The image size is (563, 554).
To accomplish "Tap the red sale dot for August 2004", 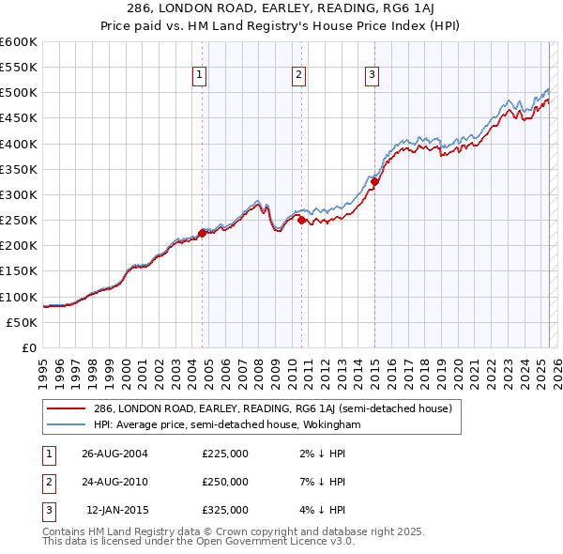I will (x=202, y=233).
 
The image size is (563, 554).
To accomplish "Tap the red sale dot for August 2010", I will (x=301, y=221).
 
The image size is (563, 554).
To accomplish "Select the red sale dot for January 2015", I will (x=374, y=182).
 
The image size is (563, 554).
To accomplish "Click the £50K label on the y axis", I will (x=23, y=322).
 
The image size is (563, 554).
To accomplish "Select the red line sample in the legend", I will (x=68, y=408).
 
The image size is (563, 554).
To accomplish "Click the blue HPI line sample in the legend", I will (x=68, y=424).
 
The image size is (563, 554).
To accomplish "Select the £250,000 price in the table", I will (x=225, y=482).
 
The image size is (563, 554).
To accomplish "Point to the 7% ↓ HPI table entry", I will (x=325, y=482).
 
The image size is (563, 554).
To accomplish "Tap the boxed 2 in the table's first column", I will (x=47, y=482).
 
